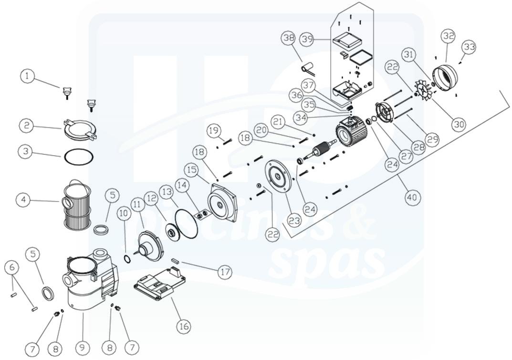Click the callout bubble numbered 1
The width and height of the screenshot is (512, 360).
click(x=28, y=76)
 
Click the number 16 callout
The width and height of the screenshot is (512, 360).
click(x=183, y=327)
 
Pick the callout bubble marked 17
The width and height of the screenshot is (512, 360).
click(x=225, y=272)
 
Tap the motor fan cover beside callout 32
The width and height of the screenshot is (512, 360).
click(x=446, y=78)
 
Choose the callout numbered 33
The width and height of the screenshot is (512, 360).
click(x=469, y=47)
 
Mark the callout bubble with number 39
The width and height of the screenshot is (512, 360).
click(x=307, y=39)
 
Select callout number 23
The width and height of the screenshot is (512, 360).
click(x=294, y=221)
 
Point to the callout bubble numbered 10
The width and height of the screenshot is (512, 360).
click(x=124, y=212)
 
